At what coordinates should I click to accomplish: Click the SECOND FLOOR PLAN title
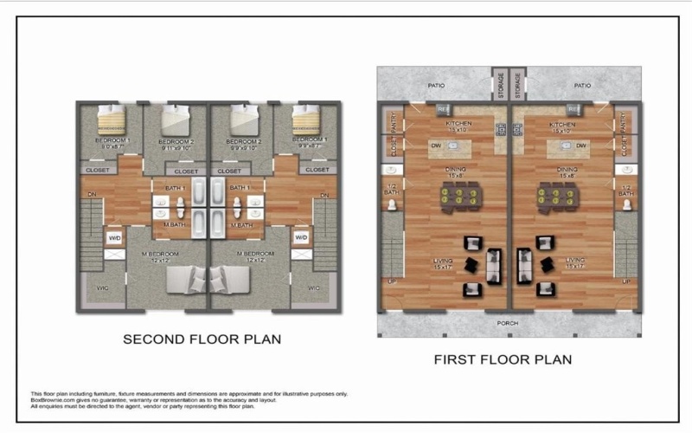point(202,339)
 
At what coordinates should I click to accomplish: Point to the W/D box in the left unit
point(114,236)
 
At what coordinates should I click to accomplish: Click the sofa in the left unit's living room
point(494,266)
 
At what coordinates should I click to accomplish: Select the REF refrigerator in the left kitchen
point(441,109)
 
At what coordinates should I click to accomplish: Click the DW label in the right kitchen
point(581,145)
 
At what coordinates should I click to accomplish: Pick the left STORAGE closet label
point(498,85)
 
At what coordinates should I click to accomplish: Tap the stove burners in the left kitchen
point(499,130)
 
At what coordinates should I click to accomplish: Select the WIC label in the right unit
point(313,288)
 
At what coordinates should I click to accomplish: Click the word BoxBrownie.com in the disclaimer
point(52,399)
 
